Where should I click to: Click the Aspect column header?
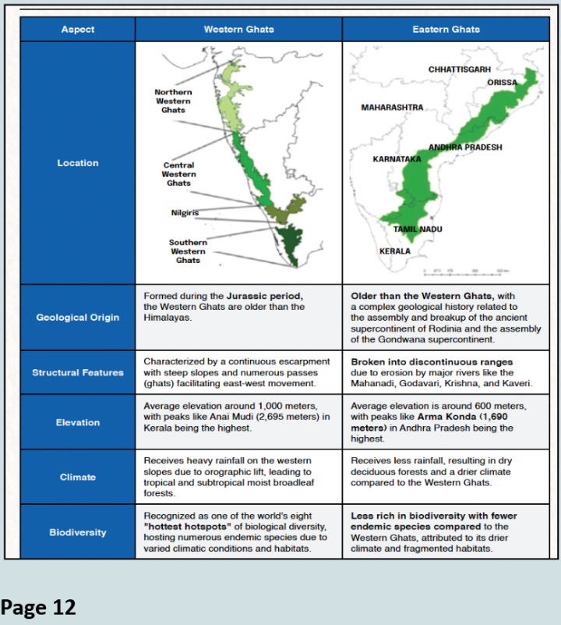pyautogui.click(x=77, y=30)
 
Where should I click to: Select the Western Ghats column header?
pyautogui.click(x=238, y=30)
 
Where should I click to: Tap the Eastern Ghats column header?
pyautogui.click(x=446, y=30)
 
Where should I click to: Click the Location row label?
pyautogui.click(x=77, y=163)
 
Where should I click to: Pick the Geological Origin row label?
pyautogui.click(x=77, y=318)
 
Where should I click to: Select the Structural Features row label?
pyautogui.click(x=77, y=372)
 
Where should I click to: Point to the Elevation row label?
pyautogui.click(x=77, y=422)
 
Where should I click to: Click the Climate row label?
pyautogui.click(x=77, y=477)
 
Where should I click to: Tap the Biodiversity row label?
pyautogui.click(x=77, y=532)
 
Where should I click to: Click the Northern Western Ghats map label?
pyautogui.click(x=173, y=101)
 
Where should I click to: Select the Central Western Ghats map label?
pyautogui.click(x=178, y=174)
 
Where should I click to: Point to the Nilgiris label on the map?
pyautogui.click(x=185, y=213)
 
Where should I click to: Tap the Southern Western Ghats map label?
pyautogui.click(x=188, y=251)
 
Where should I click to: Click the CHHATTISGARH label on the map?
pyautogui.click(x=460, y=70)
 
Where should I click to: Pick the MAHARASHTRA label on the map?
pyautogui.click(x=392, y=107)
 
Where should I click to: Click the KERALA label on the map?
pyautogui.click(x=394, y=251)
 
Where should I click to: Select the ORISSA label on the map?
pyautogui.click(x=502, y=83)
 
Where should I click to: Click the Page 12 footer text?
pyautogui.click(x=38, y=606)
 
